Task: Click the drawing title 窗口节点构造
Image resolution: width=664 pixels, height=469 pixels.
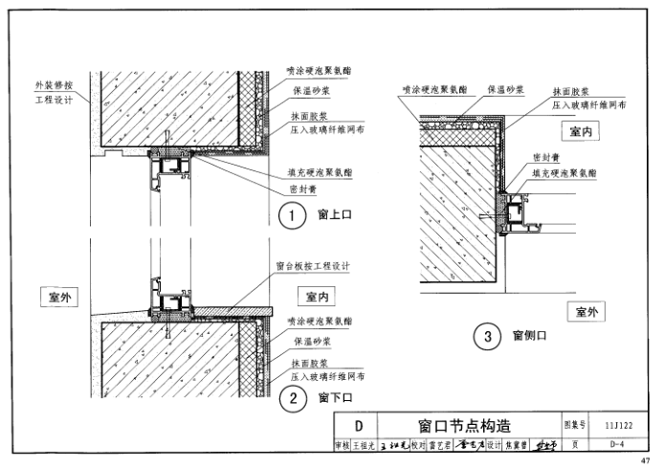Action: pos(464,425)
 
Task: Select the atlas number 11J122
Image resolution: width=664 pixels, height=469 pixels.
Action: pos(619,425)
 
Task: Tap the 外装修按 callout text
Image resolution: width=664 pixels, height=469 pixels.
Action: pos(55,84)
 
